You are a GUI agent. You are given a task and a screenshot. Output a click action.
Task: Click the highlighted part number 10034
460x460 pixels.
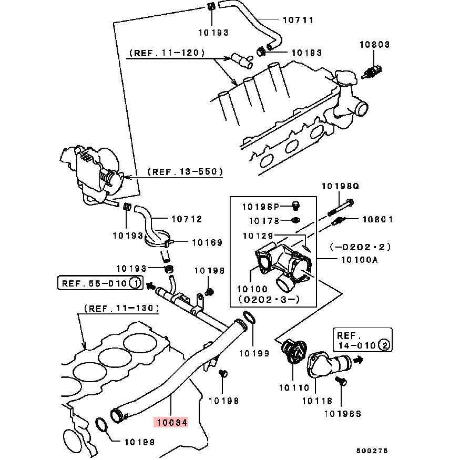(172, 423)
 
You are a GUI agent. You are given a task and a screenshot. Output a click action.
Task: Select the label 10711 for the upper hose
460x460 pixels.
(298, 20)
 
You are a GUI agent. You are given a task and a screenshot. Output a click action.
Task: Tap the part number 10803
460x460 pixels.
(375, 44)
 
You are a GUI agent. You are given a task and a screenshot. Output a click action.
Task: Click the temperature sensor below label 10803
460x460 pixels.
(372, 72)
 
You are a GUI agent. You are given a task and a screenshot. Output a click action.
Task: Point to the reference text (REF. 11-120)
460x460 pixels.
(167, 53)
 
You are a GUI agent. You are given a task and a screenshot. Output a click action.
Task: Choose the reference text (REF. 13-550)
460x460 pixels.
(185, 171)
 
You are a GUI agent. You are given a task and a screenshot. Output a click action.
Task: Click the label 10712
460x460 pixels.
(187, 219)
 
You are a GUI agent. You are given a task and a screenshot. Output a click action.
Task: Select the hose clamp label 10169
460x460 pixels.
(207, 242)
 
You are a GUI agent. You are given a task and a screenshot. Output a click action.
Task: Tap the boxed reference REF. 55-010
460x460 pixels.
(100, 283)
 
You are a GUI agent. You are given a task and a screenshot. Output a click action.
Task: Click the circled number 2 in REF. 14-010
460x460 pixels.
(384, 345)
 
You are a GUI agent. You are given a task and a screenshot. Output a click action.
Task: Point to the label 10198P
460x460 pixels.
(261, 207)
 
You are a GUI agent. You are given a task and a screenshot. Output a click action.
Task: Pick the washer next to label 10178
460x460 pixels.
(295, 220)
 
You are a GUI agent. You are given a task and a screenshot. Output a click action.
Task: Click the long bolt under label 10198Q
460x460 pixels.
(341, 208)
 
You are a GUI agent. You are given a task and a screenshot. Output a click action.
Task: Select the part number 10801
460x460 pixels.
(377, 219)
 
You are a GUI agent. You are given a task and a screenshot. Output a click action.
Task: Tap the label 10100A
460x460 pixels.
(360, 260)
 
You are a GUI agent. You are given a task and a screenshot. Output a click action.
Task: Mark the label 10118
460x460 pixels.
(317, 401)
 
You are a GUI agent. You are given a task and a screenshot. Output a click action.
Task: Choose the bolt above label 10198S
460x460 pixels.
(341, 381)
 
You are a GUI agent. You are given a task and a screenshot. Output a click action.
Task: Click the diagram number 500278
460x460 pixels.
(372, 451)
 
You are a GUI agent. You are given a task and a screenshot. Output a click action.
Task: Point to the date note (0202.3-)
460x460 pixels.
(269, 299)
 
